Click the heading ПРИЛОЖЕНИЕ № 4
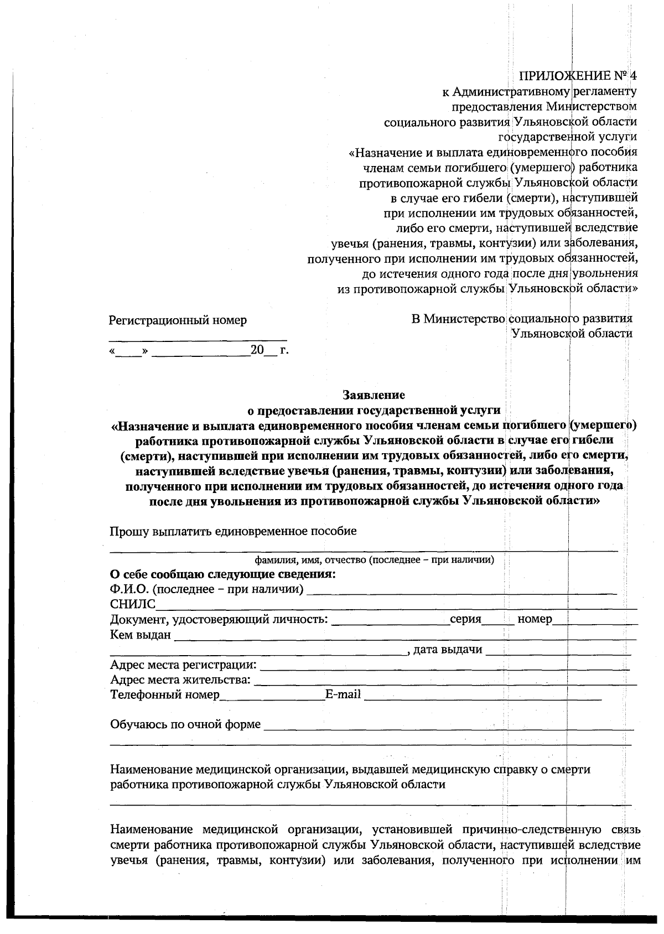578,76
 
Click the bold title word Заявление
374,395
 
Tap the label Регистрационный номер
178,320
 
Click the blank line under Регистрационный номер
198,337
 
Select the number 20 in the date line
257,351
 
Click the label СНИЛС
133,604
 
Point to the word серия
465,619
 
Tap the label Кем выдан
141,635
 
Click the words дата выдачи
448,650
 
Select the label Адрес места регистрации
183,665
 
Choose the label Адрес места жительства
180,679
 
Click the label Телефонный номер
165,694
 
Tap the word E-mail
343,694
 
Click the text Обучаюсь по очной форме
185,724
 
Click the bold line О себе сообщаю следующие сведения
223,574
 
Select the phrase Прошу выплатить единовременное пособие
233,531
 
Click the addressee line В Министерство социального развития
522,319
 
